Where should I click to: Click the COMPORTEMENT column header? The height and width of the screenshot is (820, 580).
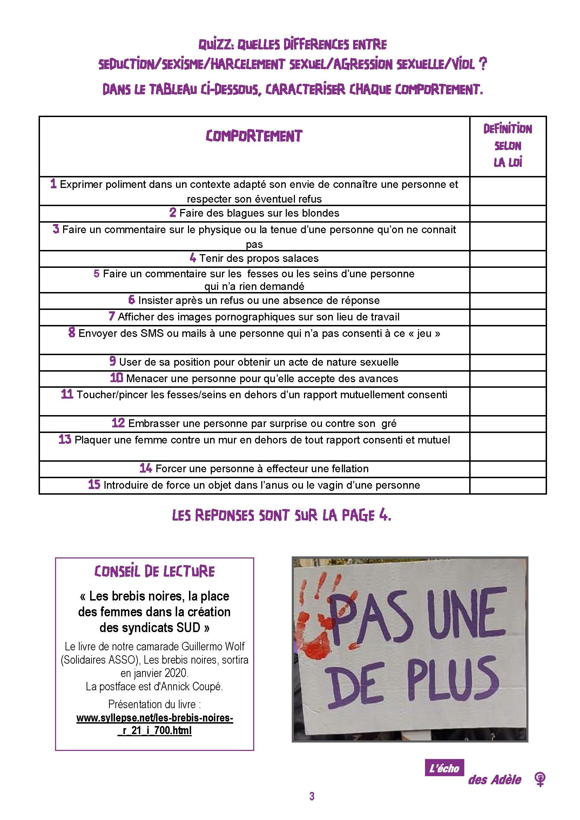pos(254,136)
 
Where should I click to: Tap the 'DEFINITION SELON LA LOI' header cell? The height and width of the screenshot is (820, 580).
pos(507,146)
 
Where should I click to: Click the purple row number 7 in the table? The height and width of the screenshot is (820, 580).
pos(112,316)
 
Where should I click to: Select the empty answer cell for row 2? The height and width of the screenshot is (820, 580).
pos(507,214)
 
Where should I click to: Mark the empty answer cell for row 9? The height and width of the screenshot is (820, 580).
pos(507,362)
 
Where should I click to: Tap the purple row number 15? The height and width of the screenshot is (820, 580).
pos(94,484)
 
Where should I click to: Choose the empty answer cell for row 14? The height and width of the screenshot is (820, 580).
pos(507,469)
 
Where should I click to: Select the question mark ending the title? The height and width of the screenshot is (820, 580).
pos(483,64)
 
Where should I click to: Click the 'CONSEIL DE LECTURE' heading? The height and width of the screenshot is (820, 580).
pos(154,572)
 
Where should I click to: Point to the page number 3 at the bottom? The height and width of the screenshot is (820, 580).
pos(312,806)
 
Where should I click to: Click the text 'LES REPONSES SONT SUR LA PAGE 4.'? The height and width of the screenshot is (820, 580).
pos(282,515)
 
